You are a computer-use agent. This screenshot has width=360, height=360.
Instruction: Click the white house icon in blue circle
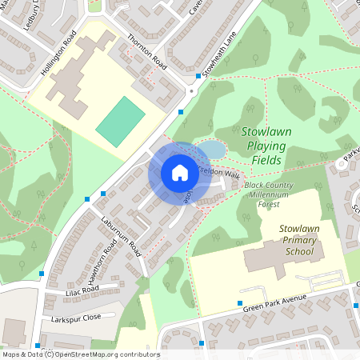point(180,173)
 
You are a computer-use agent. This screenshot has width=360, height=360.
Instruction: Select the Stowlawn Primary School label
point(301,239)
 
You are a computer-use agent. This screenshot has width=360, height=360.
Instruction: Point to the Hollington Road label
point(60,56)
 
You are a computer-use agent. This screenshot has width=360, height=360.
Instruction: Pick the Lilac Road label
point(80,290)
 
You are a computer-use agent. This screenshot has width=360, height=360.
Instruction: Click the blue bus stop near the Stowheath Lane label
point(198,76)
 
